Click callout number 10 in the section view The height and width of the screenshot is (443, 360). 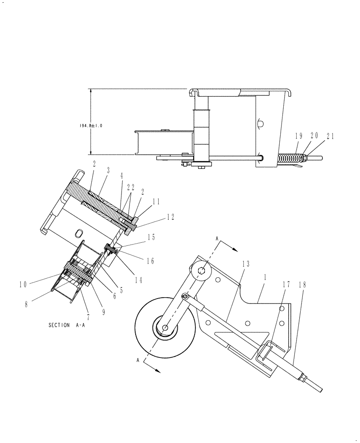tap(23, 284)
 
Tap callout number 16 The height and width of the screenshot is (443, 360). tap(150, 261)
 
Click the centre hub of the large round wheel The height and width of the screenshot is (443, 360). tap(164, 328)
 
